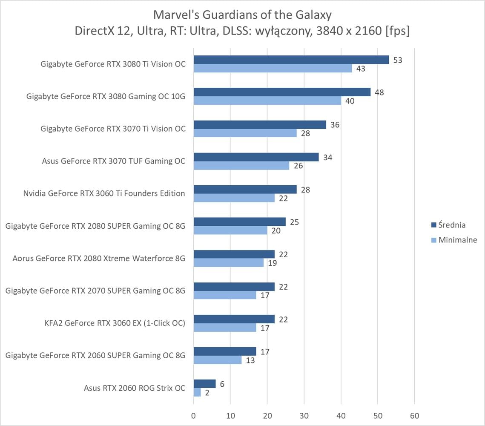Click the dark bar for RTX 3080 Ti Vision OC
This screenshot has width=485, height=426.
291,60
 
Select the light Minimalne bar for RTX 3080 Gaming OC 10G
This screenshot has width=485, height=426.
267,101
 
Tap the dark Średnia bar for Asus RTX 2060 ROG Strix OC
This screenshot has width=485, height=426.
204,384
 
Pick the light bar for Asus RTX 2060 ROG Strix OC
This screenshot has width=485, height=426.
197,392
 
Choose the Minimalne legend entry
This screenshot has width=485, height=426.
454,240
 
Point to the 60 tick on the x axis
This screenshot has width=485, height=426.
414,416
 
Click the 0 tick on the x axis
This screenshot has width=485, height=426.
194,416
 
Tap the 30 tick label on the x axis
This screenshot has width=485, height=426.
304,416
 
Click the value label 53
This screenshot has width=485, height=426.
398,60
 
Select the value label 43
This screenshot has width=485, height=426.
361,69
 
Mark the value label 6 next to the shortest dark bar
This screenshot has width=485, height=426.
222,384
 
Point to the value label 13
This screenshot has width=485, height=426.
250,360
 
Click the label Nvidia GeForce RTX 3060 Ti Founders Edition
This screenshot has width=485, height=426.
104,193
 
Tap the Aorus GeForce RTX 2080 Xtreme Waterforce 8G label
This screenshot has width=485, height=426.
99,258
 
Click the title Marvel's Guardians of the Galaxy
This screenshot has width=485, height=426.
242,15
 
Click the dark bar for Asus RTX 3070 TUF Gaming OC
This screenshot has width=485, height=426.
256,157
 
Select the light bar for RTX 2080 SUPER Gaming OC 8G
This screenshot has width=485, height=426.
230,230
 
